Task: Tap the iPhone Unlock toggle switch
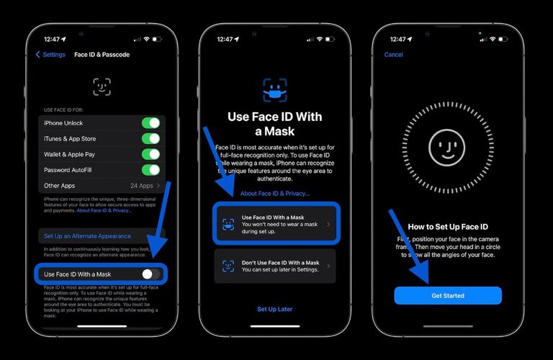tap(150, 122)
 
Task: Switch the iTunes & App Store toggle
tap(150, 138)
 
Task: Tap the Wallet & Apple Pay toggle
tap(150, 154)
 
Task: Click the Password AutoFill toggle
tap(150, 170)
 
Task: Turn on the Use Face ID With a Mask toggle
tap(150, 274)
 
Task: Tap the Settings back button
tap(50, 55)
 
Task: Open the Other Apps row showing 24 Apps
tap(102, 186)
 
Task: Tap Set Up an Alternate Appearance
tap(87, 236)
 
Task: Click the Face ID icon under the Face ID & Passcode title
tap(102, 86)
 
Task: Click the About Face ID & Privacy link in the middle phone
tap(275, 194)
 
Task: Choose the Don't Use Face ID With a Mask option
tap(275, 266)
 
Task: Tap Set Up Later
tap(275, 309)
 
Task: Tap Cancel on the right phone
tap(394, 55)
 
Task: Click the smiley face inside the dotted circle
tap(447, 148)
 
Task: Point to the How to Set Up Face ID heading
tap(447, 226)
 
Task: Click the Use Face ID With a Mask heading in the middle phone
tap(275, 124)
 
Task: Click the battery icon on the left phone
tap(161, 39)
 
